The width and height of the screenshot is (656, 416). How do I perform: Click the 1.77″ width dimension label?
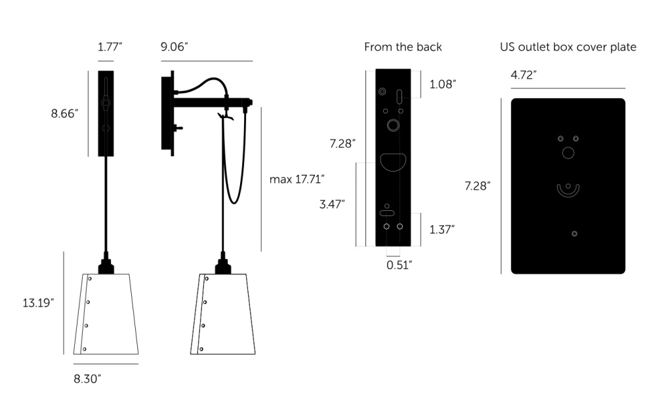tap(110, 47)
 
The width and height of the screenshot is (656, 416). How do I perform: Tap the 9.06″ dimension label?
tap(174, 47)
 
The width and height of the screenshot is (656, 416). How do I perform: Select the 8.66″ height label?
tap(64, 113)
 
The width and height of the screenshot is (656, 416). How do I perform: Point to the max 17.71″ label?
tap(297, 180)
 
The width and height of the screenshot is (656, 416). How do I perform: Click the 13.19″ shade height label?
tap(38, 303)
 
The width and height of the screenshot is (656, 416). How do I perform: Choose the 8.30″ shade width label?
tap(87, 379)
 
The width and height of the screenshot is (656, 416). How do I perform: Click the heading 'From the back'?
tap(403, 47)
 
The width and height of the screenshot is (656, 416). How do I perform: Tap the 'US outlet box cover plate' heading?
tap(568, 47)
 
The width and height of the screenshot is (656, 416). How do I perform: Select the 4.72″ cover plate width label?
tap(523, 75)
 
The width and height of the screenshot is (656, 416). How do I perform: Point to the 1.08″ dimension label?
tap(443, 84)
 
